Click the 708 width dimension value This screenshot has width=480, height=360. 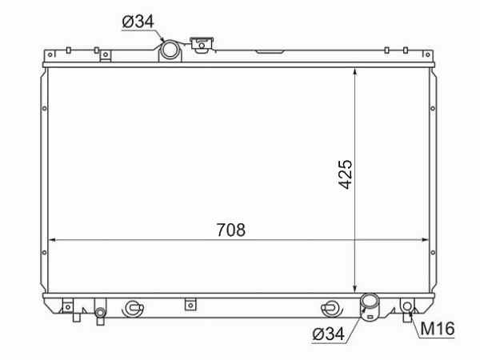coord(231,230)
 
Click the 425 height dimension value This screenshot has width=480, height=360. coord(346,174)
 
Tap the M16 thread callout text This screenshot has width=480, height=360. coord(438,329)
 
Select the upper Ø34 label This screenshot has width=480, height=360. coord(138,22)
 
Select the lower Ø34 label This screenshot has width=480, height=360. coord(328,334)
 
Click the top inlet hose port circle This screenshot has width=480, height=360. coord(170,50)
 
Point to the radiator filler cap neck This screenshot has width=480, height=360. coord(202,44)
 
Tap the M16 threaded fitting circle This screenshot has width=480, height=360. coord(407,306)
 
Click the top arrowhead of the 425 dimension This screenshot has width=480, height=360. coord(354,71)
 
